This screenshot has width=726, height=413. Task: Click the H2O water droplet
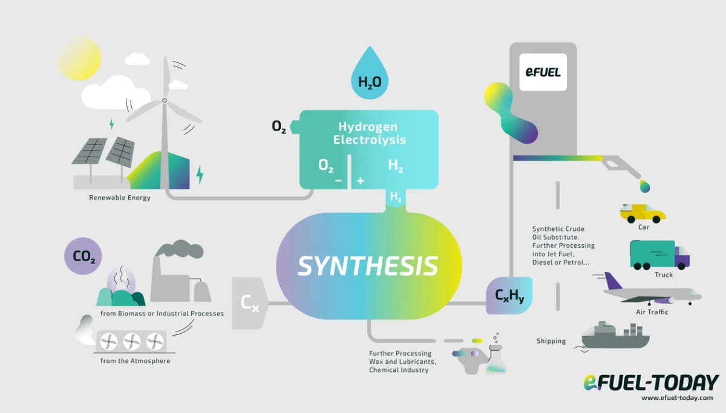click(x=370, y=76)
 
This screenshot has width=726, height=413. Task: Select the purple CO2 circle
click(x=83, y=256)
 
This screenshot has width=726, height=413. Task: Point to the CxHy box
click(x=509, y=296)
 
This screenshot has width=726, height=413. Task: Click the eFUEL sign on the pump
click(x=543, y=73)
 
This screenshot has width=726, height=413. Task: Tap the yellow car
click(x=642, y=213)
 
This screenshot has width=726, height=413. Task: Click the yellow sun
click(x=79, y=59)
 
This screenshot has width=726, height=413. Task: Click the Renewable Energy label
click(x=120, y=198)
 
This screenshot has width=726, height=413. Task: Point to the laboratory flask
click(x=497, y=359)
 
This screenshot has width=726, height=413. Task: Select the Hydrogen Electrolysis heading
click(x=368, y=134)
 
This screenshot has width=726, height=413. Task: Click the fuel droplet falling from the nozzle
click(x=646, y=186)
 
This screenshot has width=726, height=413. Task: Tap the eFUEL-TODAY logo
click(x=651, y=383)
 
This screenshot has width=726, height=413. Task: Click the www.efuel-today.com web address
click(x=676, y=398)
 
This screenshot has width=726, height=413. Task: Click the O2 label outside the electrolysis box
click(x=279, y=127)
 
